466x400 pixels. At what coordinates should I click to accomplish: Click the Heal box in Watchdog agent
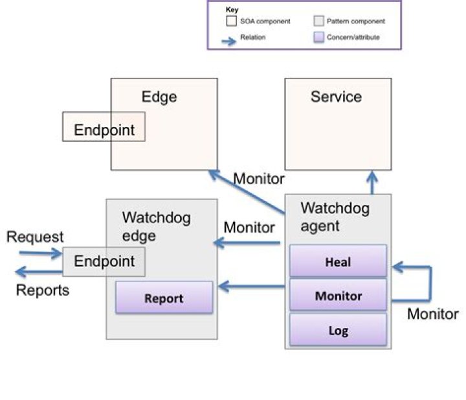point(338,261)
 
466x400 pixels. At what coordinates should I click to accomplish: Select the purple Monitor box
point(338,296)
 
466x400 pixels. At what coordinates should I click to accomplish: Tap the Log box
point(338,331)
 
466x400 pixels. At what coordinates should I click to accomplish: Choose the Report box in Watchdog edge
point(164,298)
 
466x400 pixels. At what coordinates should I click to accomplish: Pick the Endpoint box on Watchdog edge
point(104,261)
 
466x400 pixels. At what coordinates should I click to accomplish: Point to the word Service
point(336,97)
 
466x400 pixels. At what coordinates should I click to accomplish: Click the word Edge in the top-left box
point(159,97)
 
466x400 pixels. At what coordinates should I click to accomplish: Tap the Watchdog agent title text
point(335,217)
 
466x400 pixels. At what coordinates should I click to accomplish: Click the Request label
point(35,238)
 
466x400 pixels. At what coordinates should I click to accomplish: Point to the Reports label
point(42,290)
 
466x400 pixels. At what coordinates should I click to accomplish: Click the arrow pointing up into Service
point(372,183)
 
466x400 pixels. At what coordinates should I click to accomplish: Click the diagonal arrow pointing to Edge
point(246,193)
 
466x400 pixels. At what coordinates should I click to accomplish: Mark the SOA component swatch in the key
point(230,21)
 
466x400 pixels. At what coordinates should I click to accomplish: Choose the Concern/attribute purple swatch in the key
point(318,38)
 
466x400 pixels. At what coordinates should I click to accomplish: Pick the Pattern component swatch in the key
point(318,21)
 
